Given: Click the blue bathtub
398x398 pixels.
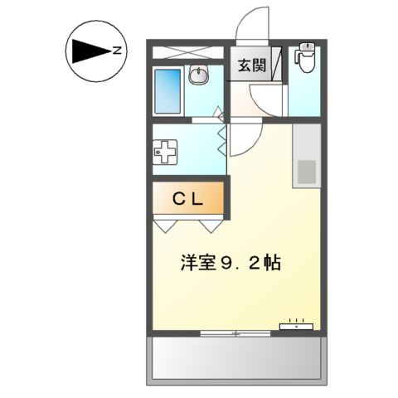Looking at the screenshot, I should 168,90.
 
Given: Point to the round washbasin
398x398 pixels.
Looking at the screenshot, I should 199,76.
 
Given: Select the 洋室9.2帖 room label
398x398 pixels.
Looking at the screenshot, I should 230,265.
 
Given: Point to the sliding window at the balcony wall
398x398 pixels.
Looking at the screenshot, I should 235,333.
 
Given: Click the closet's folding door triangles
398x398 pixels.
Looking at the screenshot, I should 188,225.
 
